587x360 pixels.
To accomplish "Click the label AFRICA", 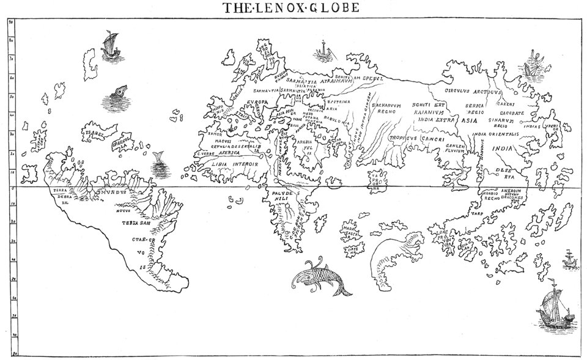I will tap(226, 153).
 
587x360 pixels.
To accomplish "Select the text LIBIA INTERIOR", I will tap(236, 164).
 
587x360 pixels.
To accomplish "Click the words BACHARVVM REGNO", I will tap(386, 109).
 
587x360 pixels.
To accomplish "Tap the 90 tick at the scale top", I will tap(11, 21).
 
